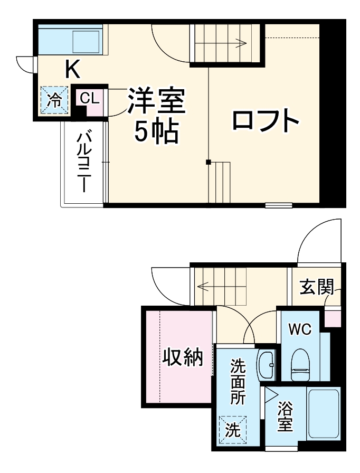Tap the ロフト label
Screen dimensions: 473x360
pos(266,121)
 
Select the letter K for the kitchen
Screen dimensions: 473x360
pos(72,68)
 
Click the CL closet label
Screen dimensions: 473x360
pos(89,98)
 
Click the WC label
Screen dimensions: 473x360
pos(299,329)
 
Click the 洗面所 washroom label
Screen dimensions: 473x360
pos(237,381)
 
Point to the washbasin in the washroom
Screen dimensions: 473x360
pos(267,364)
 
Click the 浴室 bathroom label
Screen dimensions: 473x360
pos(286,417)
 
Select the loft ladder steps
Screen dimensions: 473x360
pos(220,182)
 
